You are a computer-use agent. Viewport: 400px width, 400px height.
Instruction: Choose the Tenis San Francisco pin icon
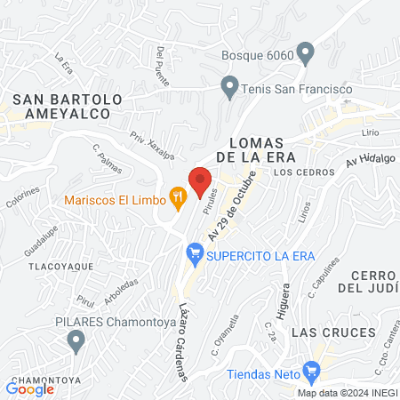(x=230, y=88)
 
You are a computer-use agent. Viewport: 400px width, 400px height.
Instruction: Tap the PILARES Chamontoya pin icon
(x=76, y=338)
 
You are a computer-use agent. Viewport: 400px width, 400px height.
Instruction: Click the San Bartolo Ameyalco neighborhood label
(x=60, y=106)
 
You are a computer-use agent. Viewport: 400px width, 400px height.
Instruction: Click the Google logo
(x=30, y=388)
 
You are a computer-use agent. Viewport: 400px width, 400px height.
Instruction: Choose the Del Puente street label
(x=161, y=60)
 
